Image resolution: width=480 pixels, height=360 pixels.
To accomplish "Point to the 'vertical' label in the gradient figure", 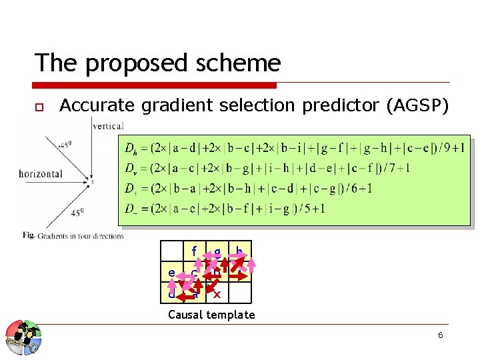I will click(107, 125).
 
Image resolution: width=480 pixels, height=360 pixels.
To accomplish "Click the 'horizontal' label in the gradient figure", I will click(41, 173).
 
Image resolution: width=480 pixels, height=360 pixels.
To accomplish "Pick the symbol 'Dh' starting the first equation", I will click(131, 147).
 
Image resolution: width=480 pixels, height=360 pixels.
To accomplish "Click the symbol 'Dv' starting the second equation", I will click(131, 167).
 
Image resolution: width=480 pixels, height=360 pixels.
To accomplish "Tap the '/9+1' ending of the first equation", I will click(451, 147).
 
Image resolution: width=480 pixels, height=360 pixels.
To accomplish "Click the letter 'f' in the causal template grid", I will click(194, 252).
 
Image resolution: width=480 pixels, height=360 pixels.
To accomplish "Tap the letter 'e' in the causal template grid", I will click(172, 273).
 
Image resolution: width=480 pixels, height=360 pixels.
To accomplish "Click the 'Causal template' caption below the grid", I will click(211, 315).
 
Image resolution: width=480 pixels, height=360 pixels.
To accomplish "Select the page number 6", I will click(440, 335).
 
